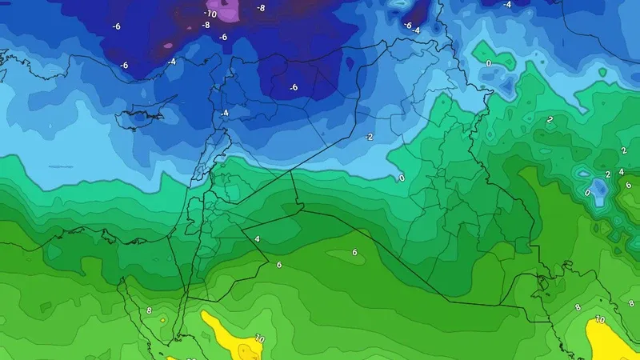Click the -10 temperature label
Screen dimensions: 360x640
210,14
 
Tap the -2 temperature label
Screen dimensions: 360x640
369,137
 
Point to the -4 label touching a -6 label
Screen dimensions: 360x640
416,30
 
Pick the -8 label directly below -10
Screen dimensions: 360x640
206,25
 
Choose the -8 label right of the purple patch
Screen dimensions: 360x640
261,9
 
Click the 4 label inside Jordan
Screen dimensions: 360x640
257,238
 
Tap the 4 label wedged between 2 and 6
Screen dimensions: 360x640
622,171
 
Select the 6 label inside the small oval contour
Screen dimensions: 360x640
354,252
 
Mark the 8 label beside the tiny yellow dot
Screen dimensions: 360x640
149,310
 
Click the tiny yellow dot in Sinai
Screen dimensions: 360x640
162,319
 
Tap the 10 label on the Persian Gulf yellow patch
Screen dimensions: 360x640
600,319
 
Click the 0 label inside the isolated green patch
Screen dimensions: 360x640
489,62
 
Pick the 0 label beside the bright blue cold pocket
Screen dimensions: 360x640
588,193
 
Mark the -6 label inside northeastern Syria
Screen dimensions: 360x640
294,87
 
